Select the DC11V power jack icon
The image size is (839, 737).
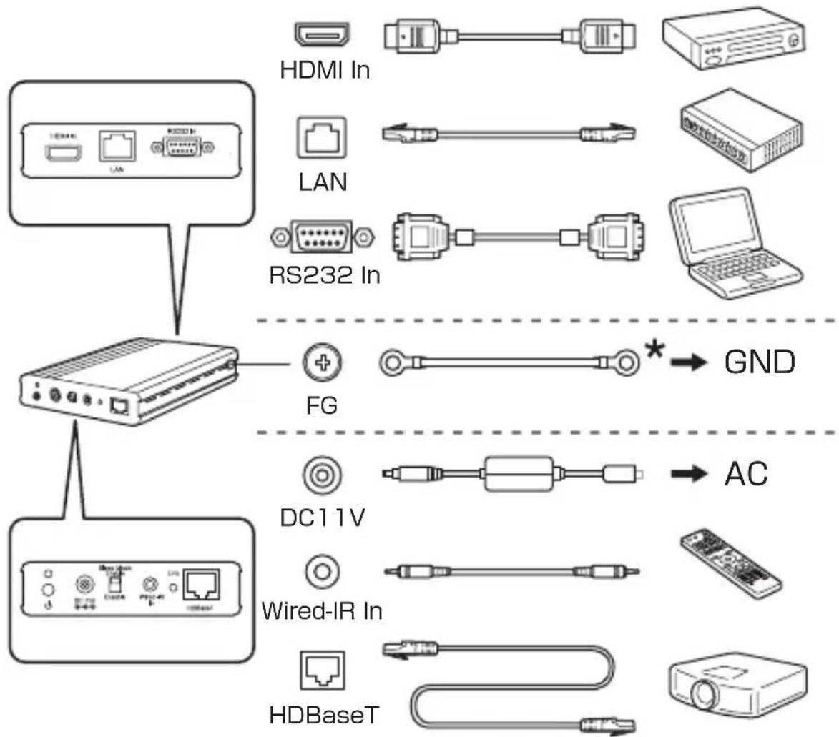click(x=320, y=474)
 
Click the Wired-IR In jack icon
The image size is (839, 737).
click(x=321, y=572)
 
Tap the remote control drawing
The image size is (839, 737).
click(x=727, y=565)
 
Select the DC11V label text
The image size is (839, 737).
click(x=321, y=516)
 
